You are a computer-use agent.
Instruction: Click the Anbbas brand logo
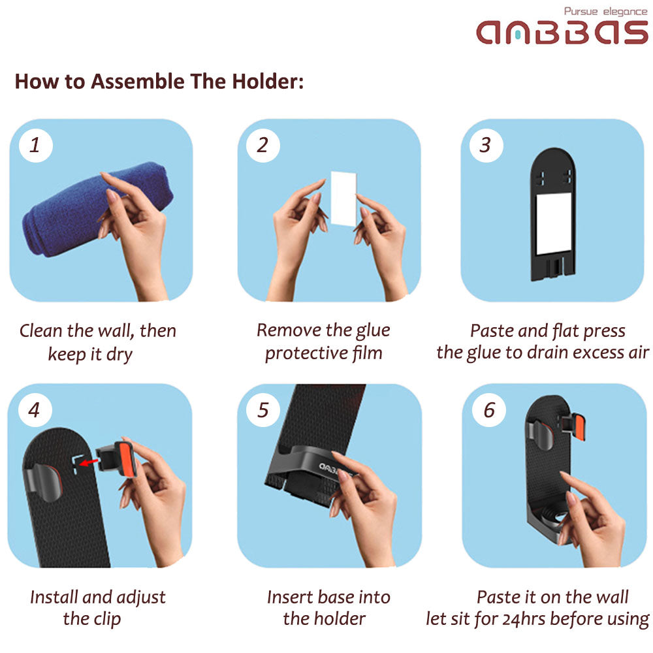click(x=562, y=33)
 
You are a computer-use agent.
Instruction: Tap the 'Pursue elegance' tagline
click(x=605, y=11)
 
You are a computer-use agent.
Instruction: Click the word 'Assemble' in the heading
click(x=137, y=81)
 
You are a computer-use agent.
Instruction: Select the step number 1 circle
click(x=36, y=145)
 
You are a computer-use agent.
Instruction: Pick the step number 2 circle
click(x=263, y=145)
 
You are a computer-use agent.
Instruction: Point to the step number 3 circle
click(x=486, y=145)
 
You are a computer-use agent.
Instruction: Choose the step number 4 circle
click(x=35, y=410)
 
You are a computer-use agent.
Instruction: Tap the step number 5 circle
click(x=263, y=410)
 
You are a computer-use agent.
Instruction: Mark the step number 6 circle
click(x=489, y=410)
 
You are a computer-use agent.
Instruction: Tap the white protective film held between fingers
click(x=343, y=199)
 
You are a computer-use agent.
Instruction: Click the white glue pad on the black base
click(x=554, y=223)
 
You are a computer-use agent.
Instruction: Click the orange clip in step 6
click(x=579, y=427)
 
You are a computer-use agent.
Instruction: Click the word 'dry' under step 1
click(x=119, y=355)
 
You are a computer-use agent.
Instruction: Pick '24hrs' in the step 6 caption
click(x=524, y=619)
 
